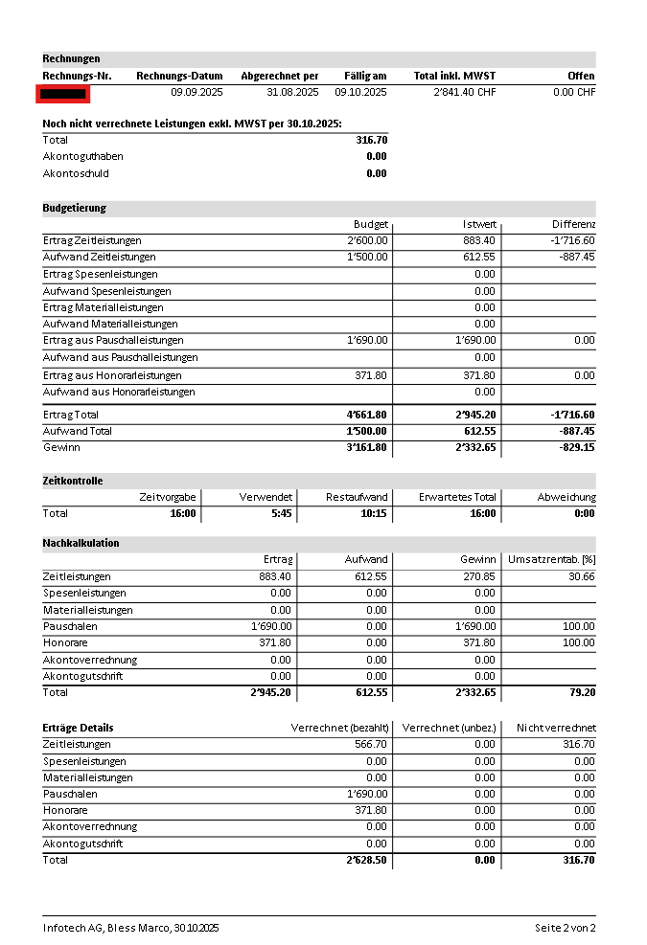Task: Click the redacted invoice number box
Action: click(63, 93)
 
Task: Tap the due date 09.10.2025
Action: click(360, 93)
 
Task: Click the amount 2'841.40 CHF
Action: click(465, 93)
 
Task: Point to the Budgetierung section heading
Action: click(75, 208)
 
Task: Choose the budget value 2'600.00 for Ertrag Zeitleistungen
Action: click(368, 240)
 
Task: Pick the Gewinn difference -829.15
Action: click(575, 447)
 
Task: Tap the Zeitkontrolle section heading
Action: click(73, 481)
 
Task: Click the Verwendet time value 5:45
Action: click(280, 514)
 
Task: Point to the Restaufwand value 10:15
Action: click(372, 514)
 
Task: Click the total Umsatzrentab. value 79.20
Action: click(582, 692)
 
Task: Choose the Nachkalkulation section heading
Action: click(81, 543)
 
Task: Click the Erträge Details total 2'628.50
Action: click(368, 860)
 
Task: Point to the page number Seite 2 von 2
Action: click(565, 928)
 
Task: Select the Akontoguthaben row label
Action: click(83, 156)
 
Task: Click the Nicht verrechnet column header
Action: click(555, 728)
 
